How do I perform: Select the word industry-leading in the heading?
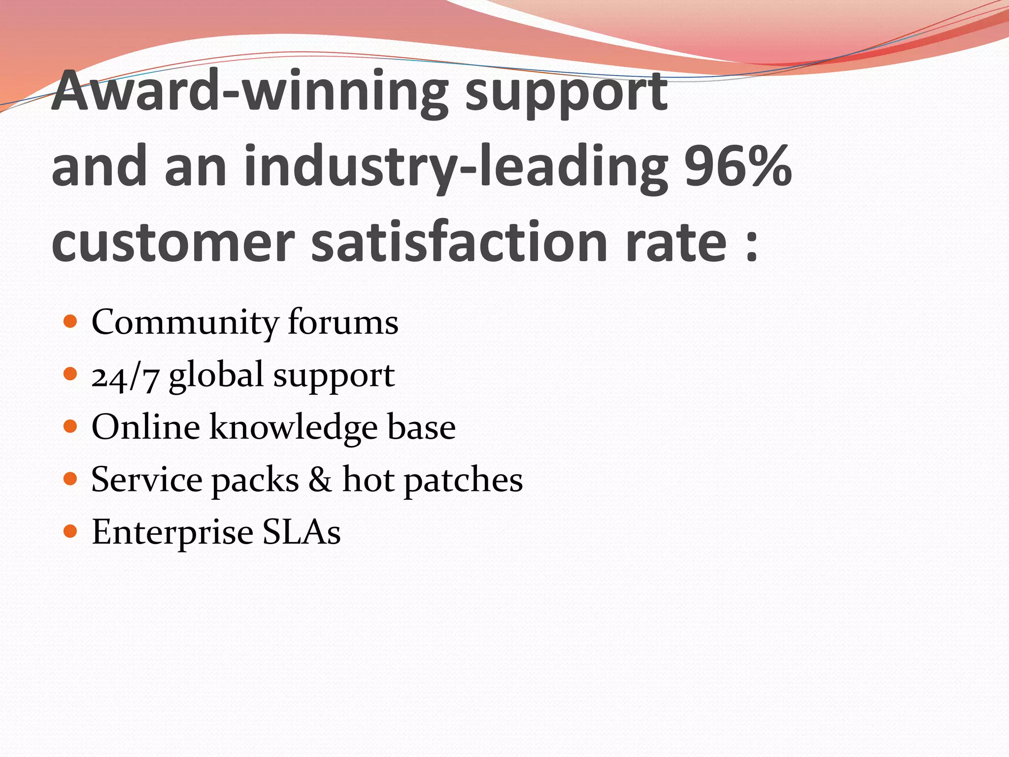tap(456, 168)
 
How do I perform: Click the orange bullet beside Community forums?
tap(71, 322)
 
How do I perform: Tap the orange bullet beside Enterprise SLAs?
tap(71, 531)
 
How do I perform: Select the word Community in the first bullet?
tap(185, 323)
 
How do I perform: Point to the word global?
tap(216, 376)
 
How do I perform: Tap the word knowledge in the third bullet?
tap(294, 428)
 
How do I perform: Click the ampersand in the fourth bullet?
tap(320, 480)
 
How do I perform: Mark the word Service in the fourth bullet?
tap(146, 480)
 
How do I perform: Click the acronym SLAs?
tap(301, 532)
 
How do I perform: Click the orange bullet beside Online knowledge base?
tap(71, 426)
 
